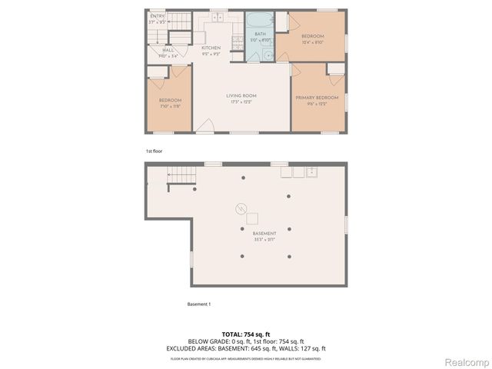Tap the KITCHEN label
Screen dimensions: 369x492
coord(211,48)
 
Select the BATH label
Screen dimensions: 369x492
coord(260,34)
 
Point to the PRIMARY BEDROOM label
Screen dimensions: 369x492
coord(317,98)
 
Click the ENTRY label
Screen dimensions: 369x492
coord(157,16)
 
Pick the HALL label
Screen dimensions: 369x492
coord(168,50)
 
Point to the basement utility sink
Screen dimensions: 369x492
coord(312,172)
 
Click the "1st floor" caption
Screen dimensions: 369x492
coord(154,151)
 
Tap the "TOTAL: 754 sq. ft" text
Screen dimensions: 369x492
coord(246,334)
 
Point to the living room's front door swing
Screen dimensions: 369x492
coord(204,125)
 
